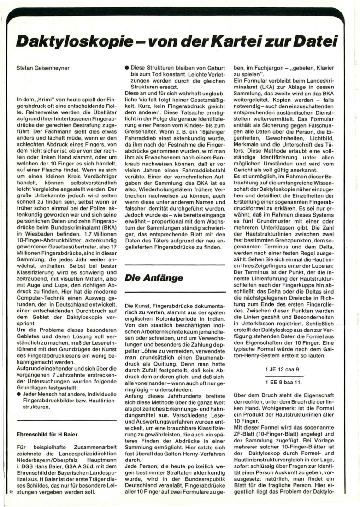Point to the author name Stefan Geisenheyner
43,68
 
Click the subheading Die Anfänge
154,278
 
